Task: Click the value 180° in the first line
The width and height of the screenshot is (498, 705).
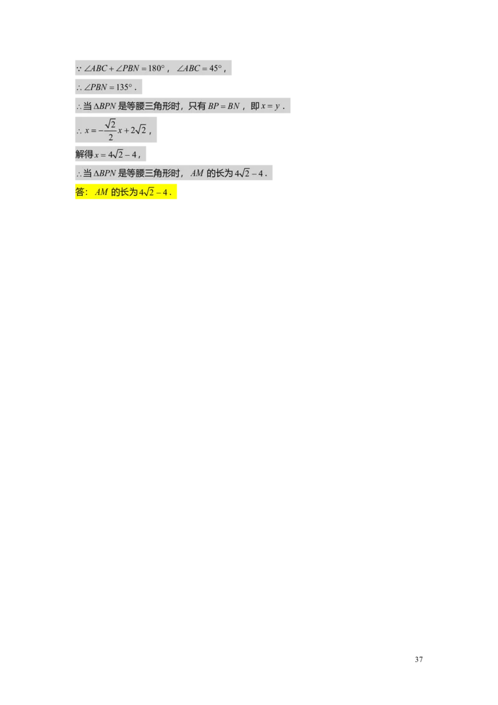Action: click(x=156, y=69)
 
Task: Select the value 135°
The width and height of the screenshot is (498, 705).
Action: click(x=125, y=87)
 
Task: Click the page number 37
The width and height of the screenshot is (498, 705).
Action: click(x=419, y=659)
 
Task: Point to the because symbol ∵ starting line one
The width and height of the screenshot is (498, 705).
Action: click(x=78, y=69)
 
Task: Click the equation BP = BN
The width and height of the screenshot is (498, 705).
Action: click(x=224, y=106)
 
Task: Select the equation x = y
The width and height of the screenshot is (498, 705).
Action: click(x=270, y=106)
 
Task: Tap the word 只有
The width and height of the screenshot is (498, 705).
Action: click(x=197, y=106)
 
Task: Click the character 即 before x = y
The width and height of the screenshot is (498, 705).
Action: click(x=255, y=106)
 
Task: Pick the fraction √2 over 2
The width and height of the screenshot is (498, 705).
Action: click(x=111, y=130)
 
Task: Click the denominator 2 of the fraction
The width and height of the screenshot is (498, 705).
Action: click(x=111, y=137)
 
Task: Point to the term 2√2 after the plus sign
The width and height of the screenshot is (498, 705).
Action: click(x=138, y=130)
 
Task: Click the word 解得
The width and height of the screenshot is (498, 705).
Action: click(x=85, y=154)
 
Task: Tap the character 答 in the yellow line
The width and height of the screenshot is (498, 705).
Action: click(x=80, y=192)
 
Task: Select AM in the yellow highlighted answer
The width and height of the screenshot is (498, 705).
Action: click(x=101, y=192)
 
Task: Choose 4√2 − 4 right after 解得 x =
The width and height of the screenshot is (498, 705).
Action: click(x=122, y=154)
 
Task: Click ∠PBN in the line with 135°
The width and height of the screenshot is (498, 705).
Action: click(x=96, y=87)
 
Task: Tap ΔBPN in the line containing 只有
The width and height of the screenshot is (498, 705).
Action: click(x=105, y=106)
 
